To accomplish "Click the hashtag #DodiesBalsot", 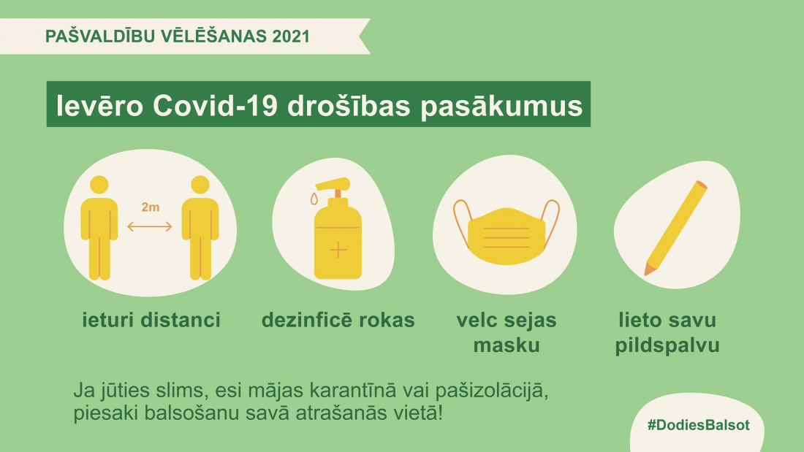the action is click(x=698, y=425).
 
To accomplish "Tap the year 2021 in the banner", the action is click(x=291, y=37).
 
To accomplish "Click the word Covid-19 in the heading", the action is click(x=215, y=106).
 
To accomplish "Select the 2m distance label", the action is click(x=151, y=207).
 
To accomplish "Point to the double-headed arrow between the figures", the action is click(x=150, y=226).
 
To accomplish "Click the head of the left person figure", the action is click(x=99, y=185).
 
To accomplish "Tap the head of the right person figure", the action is click(x=200, y=185).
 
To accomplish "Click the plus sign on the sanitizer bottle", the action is click(x=338, y=250).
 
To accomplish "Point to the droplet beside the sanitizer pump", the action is click(x=314, y=199).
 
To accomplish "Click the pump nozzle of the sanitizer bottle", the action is click(x=333, y=184).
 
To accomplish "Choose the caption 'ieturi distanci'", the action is click(x=151, y=320).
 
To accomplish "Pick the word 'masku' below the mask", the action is click(x=507, y=345).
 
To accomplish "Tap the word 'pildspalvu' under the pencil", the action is click(x=667, y=345).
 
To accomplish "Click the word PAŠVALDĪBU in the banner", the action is click(x=100, y=37).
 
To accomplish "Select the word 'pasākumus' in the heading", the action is click(x=501, y=106).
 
